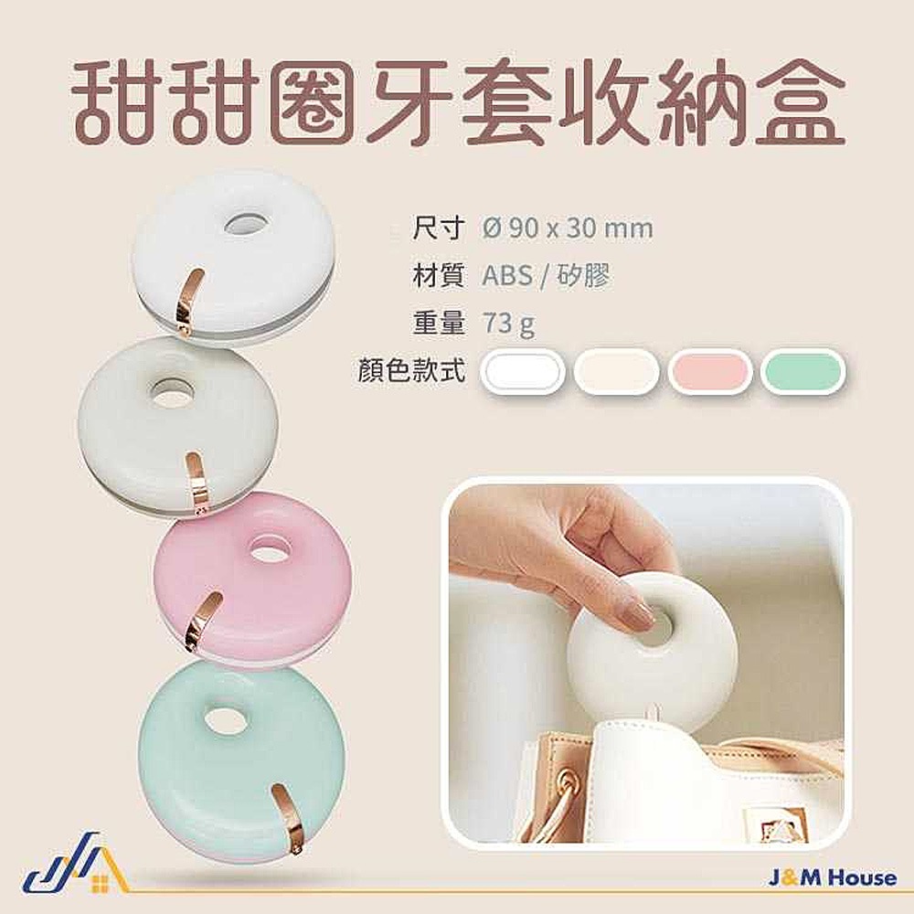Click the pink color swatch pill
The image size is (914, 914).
click(x=709, y=371)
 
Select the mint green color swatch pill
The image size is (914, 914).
click(x=802, y=371)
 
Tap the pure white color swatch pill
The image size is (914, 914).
click(x=522, y=371)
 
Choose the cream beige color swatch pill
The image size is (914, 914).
click(x=616, y=371)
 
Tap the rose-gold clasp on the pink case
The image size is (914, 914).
click(x=202, y=621)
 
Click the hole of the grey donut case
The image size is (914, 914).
click(x=172, y=388)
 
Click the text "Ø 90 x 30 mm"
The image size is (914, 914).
click(x=568, y=228)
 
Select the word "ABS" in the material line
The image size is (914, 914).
click(x=507, y=275)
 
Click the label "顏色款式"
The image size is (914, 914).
click(x=412, y=368)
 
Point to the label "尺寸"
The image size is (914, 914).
click(x=439, y=228)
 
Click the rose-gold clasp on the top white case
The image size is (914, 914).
click(x=189, y=303)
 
